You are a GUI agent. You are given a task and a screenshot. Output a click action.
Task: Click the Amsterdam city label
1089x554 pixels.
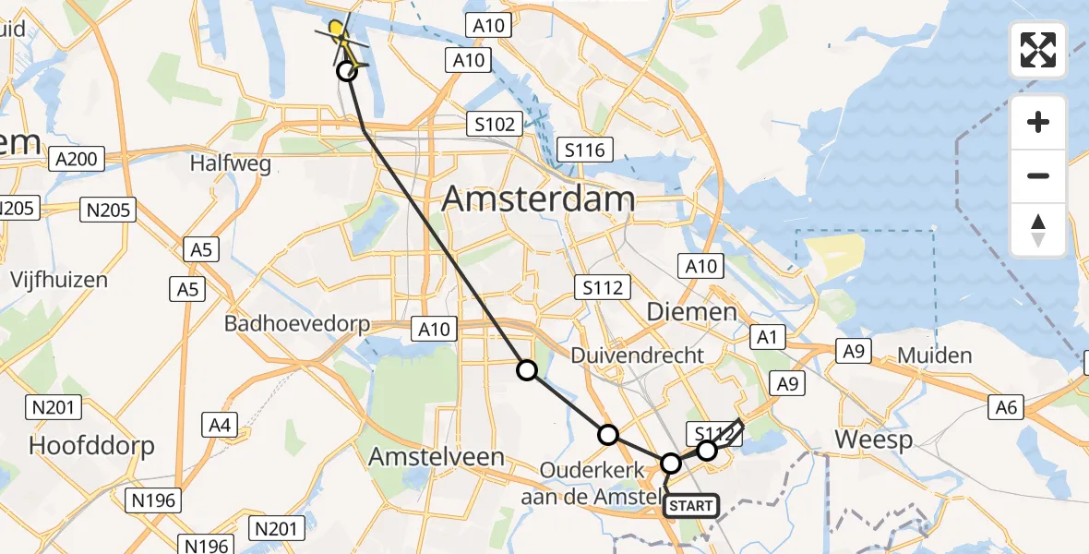(x=540, y=199)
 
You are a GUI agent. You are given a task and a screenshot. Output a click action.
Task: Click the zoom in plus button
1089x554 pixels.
(x=1038, y=123)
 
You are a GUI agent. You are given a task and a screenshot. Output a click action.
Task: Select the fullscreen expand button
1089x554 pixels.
(x=1038, y=50)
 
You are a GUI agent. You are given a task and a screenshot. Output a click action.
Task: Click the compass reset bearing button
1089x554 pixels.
(x=1038, y=229)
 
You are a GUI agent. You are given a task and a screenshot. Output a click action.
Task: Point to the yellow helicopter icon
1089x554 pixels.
(x=340, y=35)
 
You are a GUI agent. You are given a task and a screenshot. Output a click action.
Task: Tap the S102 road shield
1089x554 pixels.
(x=494, y=124)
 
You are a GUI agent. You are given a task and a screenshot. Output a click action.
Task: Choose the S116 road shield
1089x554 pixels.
(x=585, y=149)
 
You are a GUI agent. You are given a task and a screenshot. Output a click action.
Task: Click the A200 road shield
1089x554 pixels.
(x=76, y=159)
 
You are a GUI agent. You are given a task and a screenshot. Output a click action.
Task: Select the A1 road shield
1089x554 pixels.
(x=766, y=337)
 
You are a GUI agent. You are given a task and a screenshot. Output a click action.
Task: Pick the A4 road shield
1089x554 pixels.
(x=219, y=425)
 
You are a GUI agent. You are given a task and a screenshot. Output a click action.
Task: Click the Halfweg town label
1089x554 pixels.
(x=230, y=163)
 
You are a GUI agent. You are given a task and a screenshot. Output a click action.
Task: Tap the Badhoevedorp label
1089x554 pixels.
(x=297, y=324)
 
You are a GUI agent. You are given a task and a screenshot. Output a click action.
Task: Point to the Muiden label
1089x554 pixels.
(x=935, y=355)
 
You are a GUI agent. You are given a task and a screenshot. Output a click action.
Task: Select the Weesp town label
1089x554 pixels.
(x=874, y=439)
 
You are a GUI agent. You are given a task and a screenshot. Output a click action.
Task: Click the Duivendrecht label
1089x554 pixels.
(x=638, y=355)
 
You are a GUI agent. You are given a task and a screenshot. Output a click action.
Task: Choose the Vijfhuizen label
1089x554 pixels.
(x=59, y=279)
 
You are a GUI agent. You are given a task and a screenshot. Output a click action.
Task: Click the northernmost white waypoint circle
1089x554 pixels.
(x=346, y=71)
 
